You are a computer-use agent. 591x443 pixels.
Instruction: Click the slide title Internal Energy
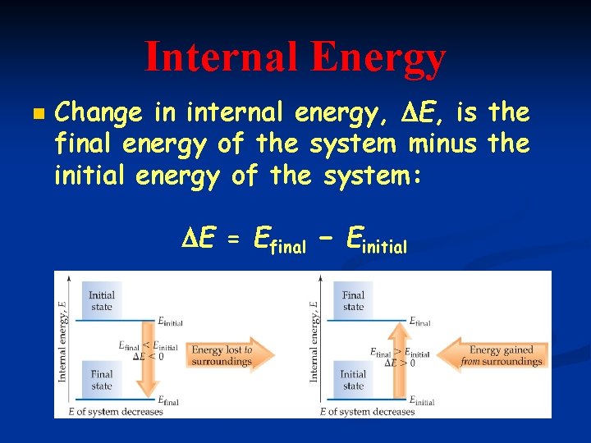295,57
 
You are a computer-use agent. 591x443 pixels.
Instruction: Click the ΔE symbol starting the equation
198,240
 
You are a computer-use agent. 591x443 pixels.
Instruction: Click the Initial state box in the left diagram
102,301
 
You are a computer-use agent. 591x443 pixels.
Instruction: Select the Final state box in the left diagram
102,380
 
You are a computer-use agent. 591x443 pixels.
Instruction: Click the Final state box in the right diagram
353,301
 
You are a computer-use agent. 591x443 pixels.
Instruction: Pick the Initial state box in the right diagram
353,380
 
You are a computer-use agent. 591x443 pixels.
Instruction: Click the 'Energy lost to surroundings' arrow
226,355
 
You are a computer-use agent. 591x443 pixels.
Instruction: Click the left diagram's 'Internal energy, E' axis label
63,341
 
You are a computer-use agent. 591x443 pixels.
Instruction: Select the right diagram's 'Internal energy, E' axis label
314,341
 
